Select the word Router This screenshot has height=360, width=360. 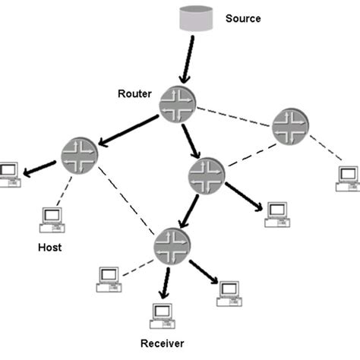tap(134, 93)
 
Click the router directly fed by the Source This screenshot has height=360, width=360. tap(177, 106)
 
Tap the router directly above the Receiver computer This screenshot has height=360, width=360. tap(172, 245)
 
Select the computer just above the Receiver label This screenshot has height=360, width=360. tap(161, 313)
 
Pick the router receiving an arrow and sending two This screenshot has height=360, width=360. tap(205, 175)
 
